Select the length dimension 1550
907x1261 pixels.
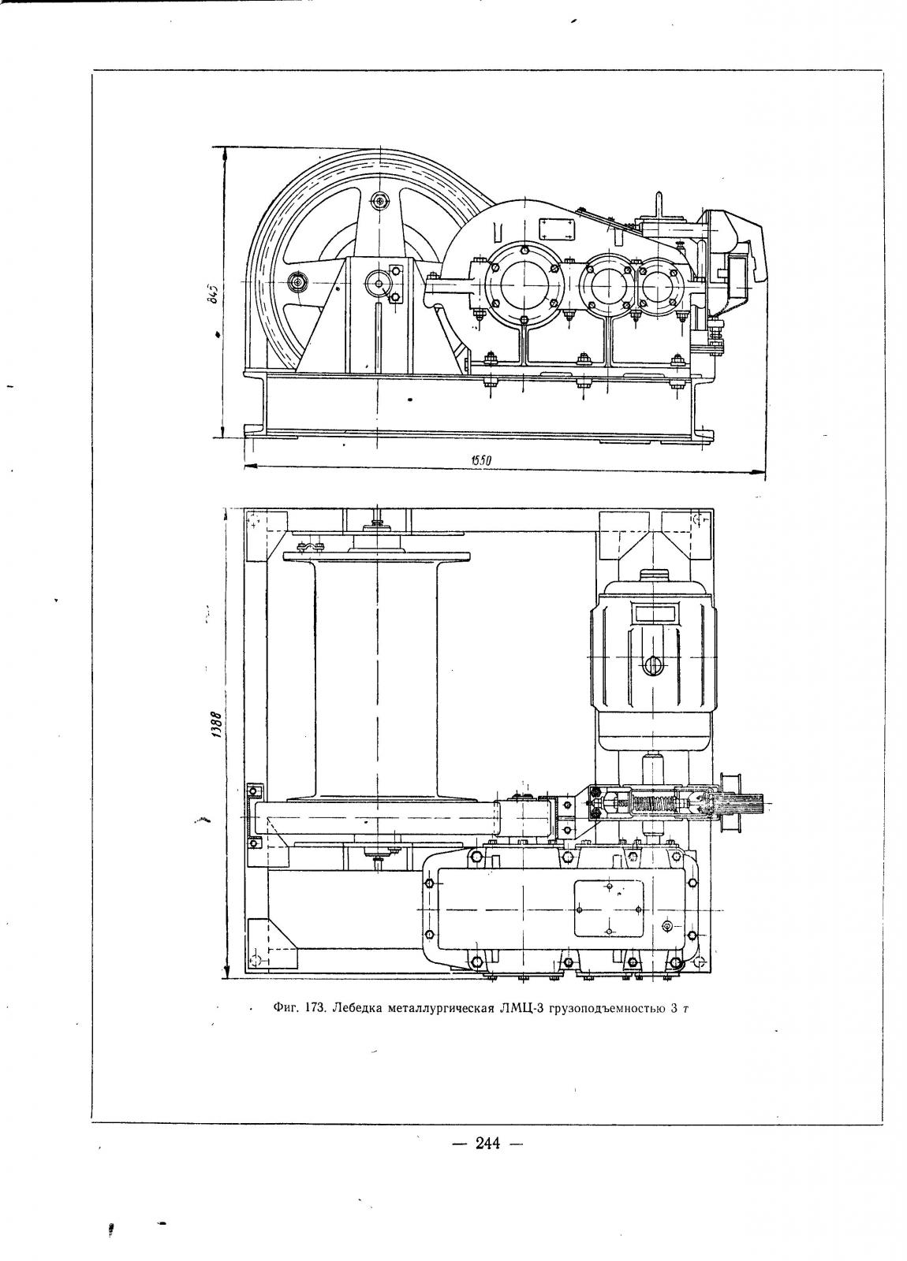(482, 460)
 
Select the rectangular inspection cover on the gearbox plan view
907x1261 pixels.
(608, 909)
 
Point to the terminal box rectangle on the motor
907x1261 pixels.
(654, 614)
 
